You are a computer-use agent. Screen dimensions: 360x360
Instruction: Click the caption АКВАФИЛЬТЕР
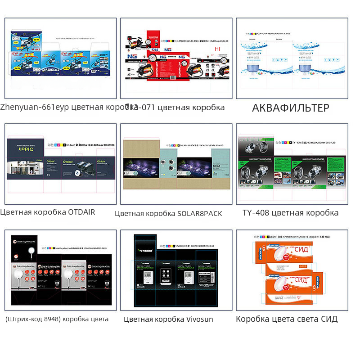coord(290,108)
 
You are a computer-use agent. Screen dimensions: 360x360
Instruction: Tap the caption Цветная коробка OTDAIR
coord(48,212)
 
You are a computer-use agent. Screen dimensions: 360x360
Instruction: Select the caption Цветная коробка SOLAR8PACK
coord(168,213)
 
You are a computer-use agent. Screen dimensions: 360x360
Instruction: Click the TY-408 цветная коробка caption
coord(290,213)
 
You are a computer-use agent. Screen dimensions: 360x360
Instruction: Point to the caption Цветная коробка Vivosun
coord(168,319)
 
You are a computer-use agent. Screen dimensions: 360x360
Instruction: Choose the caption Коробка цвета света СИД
coord(287,319)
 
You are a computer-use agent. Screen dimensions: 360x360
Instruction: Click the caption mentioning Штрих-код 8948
coord(57,319)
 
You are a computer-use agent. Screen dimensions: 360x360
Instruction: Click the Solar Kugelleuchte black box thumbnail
coord(61,270)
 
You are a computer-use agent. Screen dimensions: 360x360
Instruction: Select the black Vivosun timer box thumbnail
coord(176,270)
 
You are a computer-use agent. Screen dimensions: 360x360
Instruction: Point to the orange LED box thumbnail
coord(292,270)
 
